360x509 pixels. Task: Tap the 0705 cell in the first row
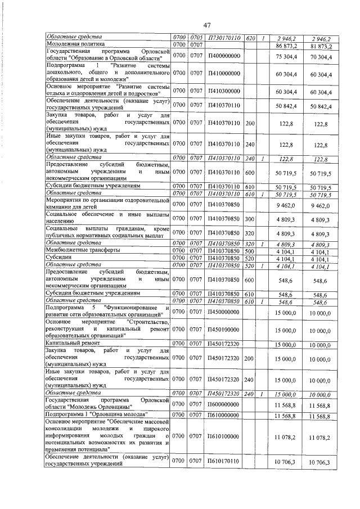pos(197,37)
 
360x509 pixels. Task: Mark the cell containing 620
pos(251,37)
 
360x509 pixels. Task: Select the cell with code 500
pos(251,251)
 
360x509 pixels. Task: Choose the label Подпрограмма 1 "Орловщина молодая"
pos(91,416)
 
